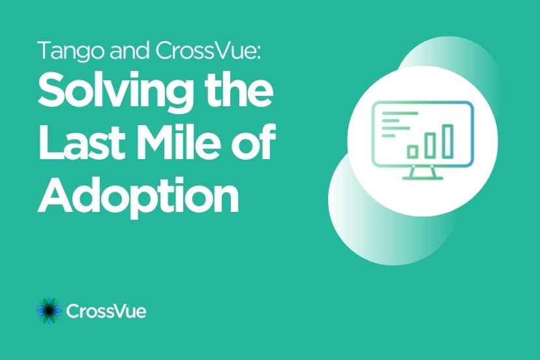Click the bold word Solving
pyautogui.click(x=114, y=90)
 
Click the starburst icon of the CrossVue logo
pyautogui.click(x=50, y=310)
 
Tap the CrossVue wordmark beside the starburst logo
pyautogui.click(x=106, y=311)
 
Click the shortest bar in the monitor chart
pyautogui.click(x=413, y=151)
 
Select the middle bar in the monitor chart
pyautogui.click(x=430, y=145)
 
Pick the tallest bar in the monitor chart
pyautogui.click(x=447, y=142)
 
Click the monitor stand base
pyautogui.click(x=423, y=178)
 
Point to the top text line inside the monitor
pyautogui.click(x=400, y=113)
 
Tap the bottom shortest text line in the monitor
pyautogui.click(x=389, y=136)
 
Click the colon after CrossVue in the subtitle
pyautogui.click(x=259, y=53)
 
